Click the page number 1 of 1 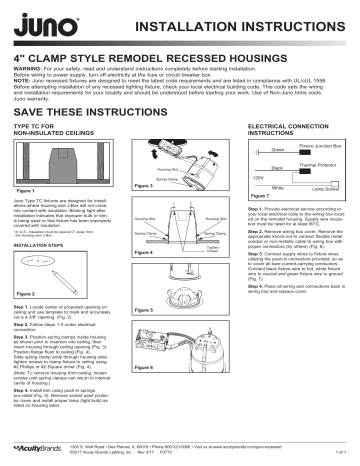pos(340,450)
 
